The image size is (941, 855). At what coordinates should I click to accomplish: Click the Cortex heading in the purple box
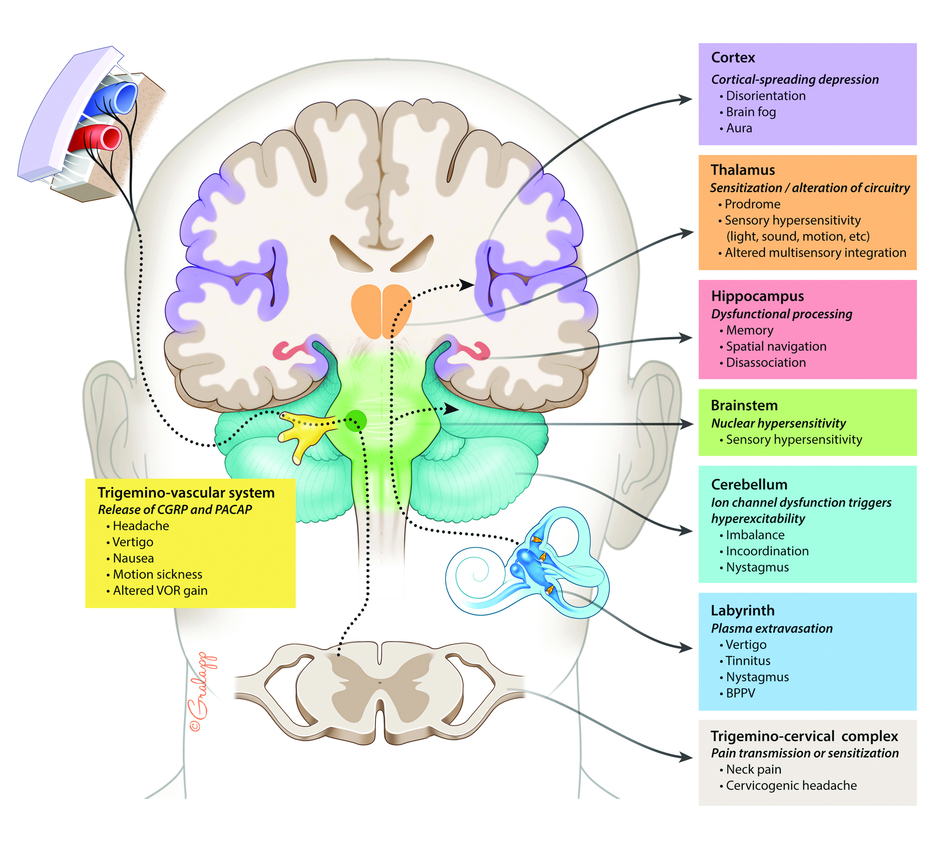[x=733, y=57]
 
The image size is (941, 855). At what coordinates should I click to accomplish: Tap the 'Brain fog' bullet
[x=751, y=112]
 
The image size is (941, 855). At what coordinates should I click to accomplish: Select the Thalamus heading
[x=743, y=170]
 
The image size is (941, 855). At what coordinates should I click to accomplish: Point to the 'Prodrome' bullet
[x=752, y=204]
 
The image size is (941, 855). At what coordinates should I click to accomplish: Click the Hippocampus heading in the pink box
[x=757, y=296]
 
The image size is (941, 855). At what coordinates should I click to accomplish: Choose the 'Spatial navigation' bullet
[x=776, y=347]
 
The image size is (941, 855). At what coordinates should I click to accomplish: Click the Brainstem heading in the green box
[x=744, y=406]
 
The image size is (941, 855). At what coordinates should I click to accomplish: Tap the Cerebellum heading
[x=749, y=485]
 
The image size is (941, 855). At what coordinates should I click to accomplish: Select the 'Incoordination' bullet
[x=767, y=551]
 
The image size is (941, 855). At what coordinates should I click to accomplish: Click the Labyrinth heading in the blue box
[x=743, y=611]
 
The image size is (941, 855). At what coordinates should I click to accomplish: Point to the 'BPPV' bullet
[x=740, y=693]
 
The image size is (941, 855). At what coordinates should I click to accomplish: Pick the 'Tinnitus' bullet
[x=748, y=661]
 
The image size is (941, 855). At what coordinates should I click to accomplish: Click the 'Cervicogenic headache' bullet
[x=791, y=786]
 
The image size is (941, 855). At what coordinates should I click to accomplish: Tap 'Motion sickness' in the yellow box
[x=157, y=574]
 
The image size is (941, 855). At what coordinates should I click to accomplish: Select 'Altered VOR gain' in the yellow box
[x=160, y=591]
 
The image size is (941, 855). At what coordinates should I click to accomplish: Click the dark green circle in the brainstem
[x=356, y=421]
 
